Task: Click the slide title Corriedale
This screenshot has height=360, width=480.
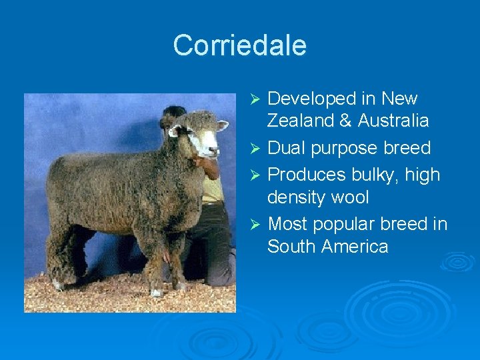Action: [x=239, y=45]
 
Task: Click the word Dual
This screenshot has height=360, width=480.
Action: [x=287, y=147]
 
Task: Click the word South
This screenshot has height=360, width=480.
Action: [x=291, y=247]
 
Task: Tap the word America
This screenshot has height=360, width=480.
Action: [x=355, y=247]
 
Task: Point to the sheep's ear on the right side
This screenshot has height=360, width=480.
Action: [x=221, y=125]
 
